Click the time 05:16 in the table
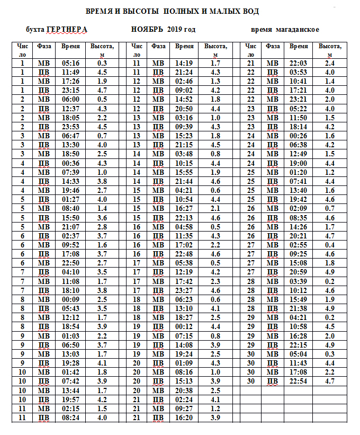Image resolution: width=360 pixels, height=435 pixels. (70, 63)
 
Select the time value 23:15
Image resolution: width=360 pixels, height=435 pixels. (70, 90)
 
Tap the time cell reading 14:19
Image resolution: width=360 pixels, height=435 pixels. (184, 63)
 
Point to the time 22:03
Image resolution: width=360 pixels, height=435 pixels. (299, 63)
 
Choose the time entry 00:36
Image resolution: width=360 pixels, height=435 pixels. (70, 163)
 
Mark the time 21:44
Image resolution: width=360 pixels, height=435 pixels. (184, 181)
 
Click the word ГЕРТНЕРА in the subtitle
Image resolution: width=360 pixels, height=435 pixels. (67, 29)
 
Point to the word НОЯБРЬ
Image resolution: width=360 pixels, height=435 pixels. (147, 29)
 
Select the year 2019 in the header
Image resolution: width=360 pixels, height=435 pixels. (174, 29)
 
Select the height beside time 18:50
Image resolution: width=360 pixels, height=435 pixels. (102, 154)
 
